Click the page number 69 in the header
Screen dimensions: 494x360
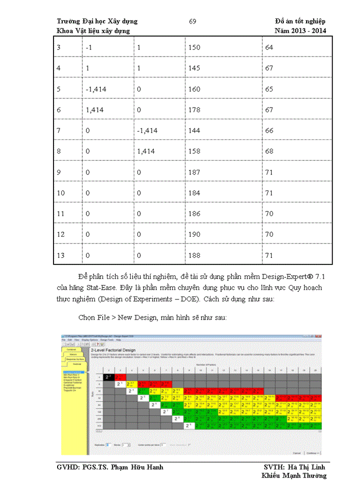pyautogui.click(x=192, y=21)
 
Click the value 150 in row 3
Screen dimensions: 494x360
pyautogui.click(x=194, y=47)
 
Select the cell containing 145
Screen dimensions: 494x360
pyautogui.click(x=194, y=68)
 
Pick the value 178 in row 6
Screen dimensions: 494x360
pyautogui.click(x=194, y=110)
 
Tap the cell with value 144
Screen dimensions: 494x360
pyautogui.click(x=194, y=131)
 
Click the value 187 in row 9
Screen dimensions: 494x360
pyautogui.click(x=194, y=172)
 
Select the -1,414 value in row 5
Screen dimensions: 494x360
pyautogui.click(x=96, y=89)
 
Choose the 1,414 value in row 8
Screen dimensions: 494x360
pyautogui.click(x=146, y=151)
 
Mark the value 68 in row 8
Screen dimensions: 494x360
pyautogui.click(x=269, y=151)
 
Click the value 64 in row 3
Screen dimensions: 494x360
pyautogui.click(x=269, y=47)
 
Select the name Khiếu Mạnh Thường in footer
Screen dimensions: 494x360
pyautogui.click(x=294, y=475)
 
